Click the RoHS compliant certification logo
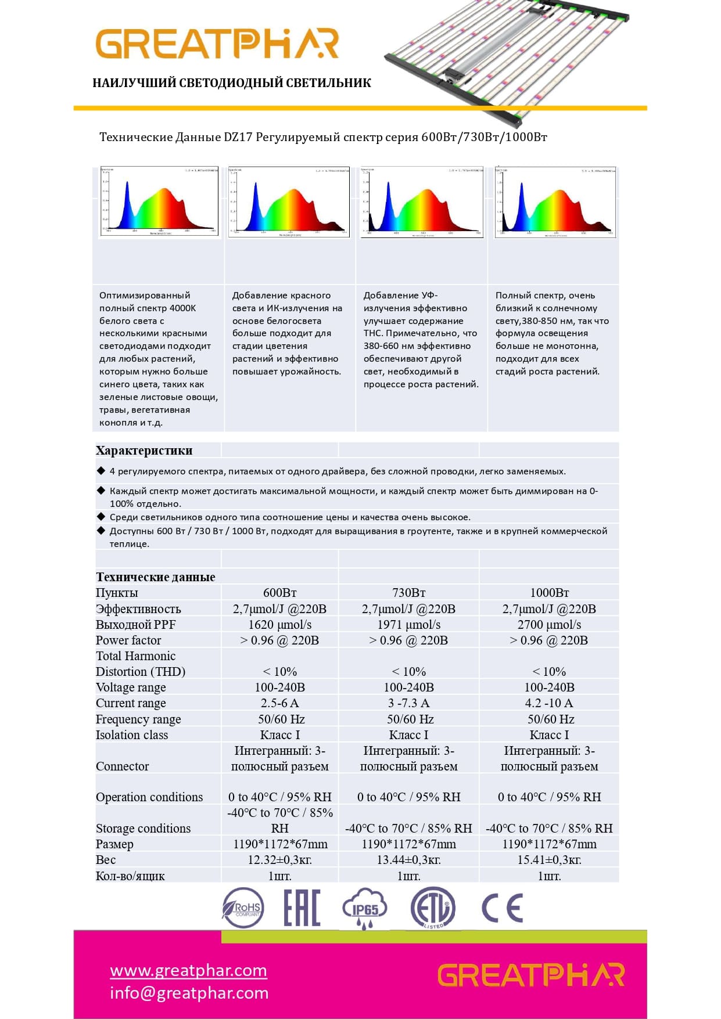point(243,908)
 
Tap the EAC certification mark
point(302,908)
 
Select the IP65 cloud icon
point(364,908)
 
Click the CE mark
point(503,908)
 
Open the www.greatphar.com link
point(188,970)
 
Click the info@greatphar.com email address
point(189,993)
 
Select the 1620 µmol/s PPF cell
point(279,625)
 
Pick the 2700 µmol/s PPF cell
point(549,625)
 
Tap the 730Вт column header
point(408,593)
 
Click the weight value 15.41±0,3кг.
point(549,860)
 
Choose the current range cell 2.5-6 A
point(279,703)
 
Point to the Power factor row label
point(128,640)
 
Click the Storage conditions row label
point(143,829)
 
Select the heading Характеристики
point(144,451)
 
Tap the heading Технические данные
point(155,577)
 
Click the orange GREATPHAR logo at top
point(217,44)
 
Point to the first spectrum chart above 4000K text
point(159,201)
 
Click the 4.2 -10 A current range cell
point(549,703)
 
